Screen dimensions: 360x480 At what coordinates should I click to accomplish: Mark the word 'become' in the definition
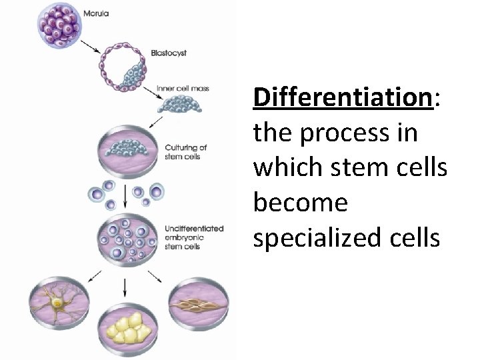[x=300, y=203]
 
